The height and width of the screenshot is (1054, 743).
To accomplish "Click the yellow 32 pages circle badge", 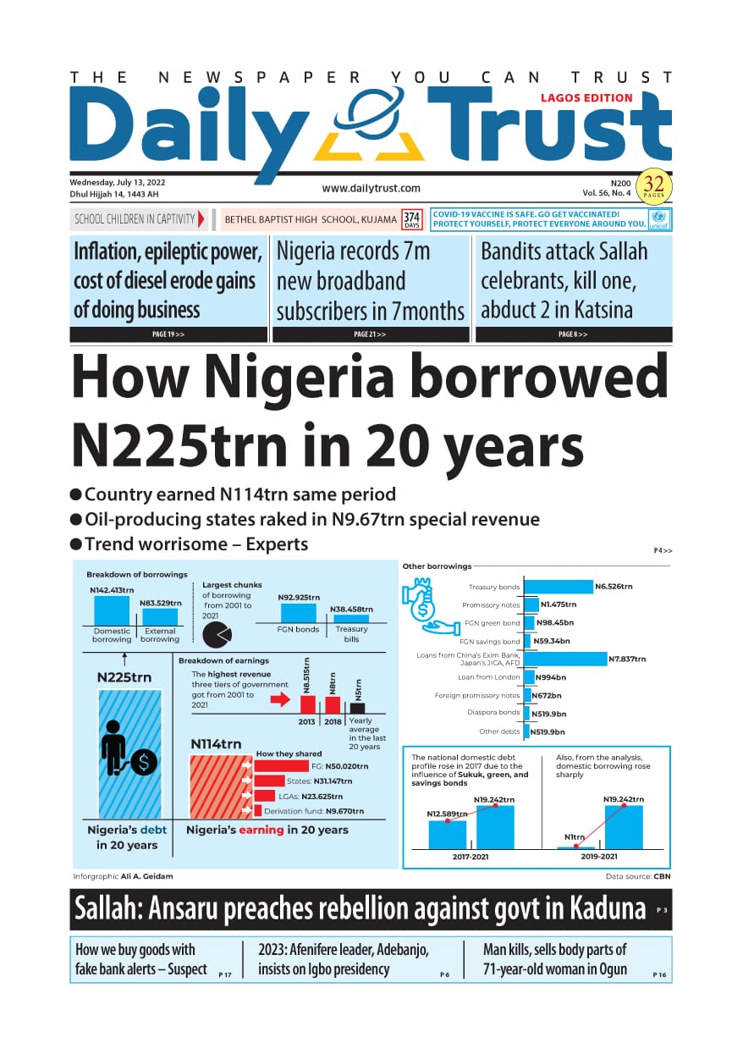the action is (x=653, y=186).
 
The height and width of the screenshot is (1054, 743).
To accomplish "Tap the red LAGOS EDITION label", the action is (x=586, y=98).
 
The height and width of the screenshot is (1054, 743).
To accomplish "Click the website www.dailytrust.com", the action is (x=371, y=188).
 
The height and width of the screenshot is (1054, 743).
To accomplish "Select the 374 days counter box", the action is (x=411, y=219).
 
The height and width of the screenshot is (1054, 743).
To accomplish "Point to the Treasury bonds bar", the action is (x=559, y=587).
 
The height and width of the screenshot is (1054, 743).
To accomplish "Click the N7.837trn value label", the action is (x=627, y=659).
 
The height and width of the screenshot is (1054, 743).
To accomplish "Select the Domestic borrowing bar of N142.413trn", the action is (x=112, y=610).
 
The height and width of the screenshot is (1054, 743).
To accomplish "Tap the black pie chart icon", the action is (x=217, y=634).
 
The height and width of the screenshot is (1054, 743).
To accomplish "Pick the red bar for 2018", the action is (x=333, y=705).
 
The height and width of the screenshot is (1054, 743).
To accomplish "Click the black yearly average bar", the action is (x=357, y=708).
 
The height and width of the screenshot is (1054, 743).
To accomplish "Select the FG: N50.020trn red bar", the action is (x=282, y=766).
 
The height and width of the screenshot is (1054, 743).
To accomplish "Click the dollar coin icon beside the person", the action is (x=144, y=762).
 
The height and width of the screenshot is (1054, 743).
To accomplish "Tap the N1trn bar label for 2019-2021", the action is (x=575, y=837).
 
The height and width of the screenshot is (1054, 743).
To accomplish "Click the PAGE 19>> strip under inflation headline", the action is (x=168, y=334).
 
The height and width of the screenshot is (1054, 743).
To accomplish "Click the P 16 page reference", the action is (x=659, y=974).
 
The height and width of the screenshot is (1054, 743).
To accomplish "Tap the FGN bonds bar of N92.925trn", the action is (x=299, y=613).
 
